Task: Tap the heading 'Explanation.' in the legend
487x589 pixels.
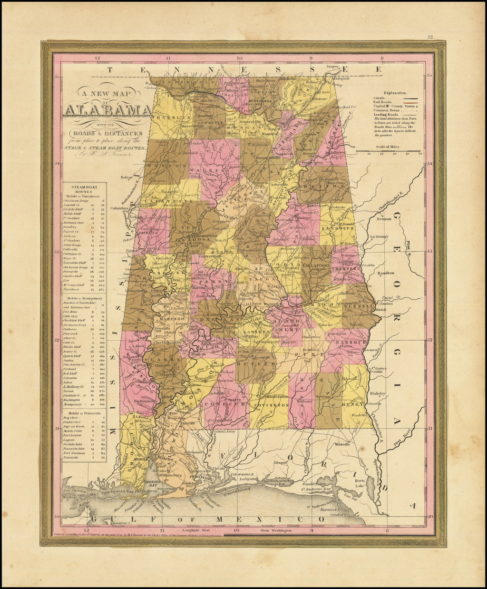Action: (392, 93)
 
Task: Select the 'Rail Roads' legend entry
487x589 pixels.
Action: (383, 102)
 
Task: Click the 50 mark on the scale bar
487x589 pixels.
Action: (420, 154)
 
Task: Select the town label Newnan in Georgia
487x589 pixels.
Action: (385, 219)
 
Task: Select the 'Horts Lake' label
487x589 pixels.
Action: (360, 483)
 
